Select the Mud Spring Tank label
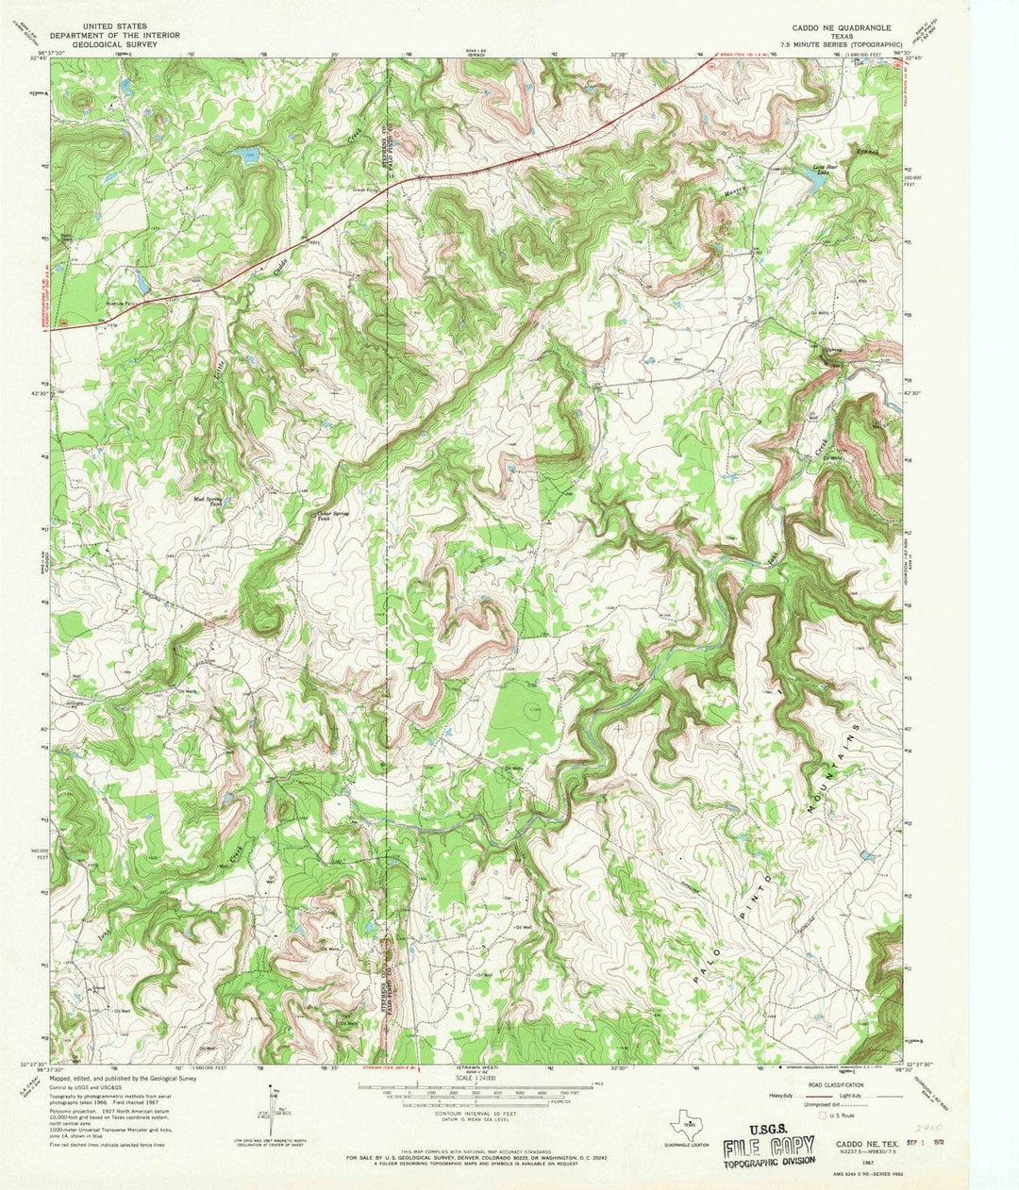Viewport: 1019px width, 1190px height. tap(209, 500)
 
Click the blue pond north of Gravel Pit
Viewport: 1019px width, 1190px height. tap(249, 154)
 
